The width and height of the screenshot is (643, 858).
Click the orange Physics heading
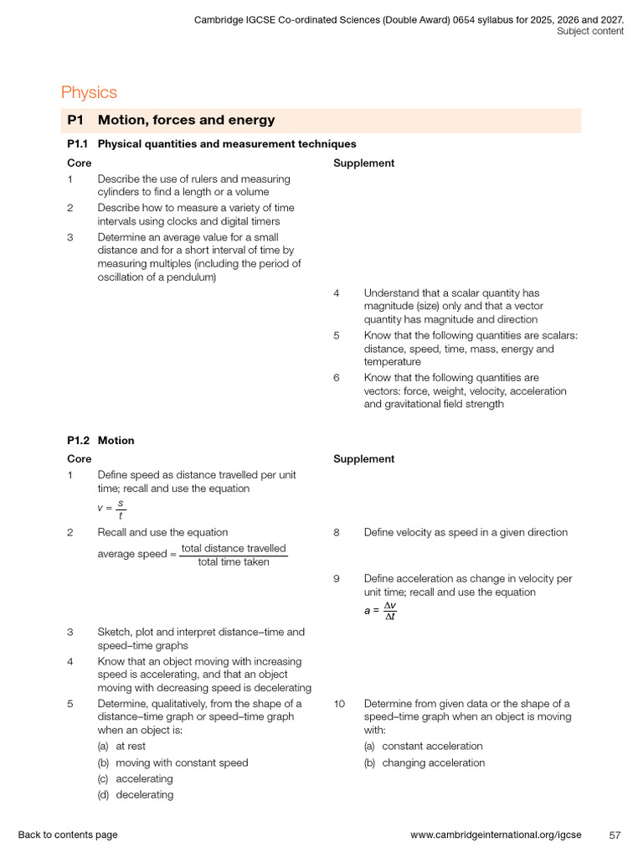(89, 93)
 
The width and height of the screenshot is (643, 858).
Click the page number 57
(615, 835)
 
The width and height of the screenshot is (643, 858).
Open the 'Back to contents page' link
(68, 835)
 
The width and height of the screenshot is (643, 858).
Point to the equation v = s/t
(111, 509)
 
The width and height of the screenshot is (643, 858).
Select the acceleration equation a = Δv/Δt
(380, 611)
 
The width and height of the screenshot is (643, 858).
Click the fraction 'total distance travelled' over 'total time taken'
(234, 556)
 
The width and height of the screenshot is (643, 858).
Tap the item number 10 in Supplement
(339, 704)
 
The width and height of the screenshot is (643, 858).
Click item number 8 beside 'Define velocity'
(337, 533)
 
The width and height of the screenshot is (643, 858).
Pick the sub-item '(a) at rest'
(121, 747)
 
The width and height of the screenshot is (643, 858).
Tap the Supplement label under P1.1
(363, 163)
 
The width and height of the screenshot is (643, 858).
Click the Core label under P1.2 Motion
(80, 459)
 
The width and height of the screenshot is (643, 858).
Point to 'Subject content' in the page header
(590, 32)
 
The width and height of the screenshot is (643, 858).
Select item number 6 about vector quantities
(337, 378)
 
